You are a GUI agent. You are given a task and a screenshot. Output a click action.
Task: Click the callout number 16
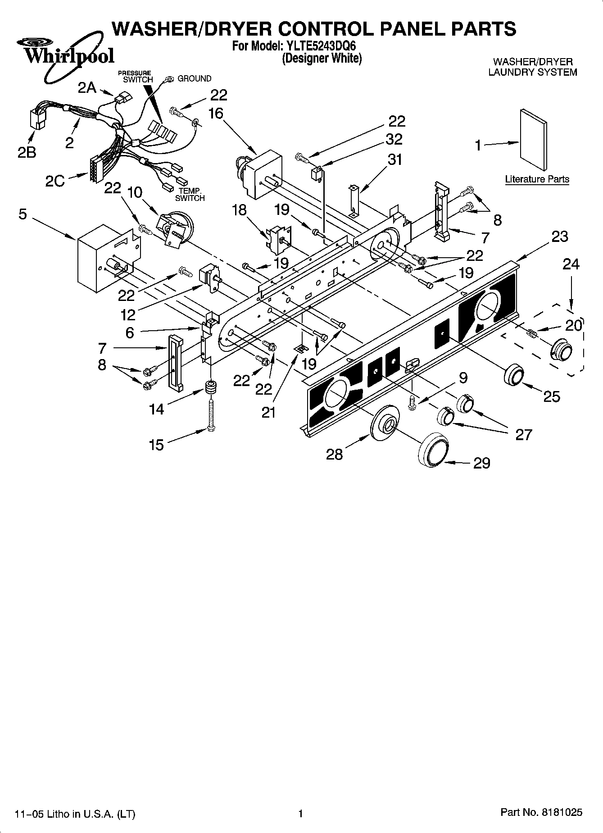click(216, 113)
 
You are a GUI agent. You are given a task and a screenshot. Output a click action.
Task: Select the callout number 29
click(481, 463)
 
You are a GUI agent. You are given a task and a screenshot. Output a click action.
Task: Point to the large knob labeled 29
click(434, 449)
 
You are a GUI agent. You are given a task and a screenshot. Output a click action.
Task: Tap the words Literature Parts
click(537, 179)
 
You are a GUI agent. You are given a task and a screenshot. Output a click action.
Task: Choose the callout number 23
click(560, 237)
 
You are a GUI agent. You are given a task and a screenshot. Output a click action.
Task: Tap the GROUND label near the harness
click(194, 78)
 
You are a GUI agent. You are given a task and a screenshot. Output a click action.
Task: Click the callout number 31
click(394, 159)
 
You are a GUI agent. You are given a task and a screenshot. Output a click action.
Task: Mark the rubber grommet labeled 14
click(211, 387)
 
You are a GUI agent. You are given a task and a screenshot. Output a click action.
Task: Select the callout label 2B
click(27, 153)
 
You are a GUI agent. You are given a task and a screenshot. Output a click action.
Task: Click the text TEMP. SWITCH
click(190, 195)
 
